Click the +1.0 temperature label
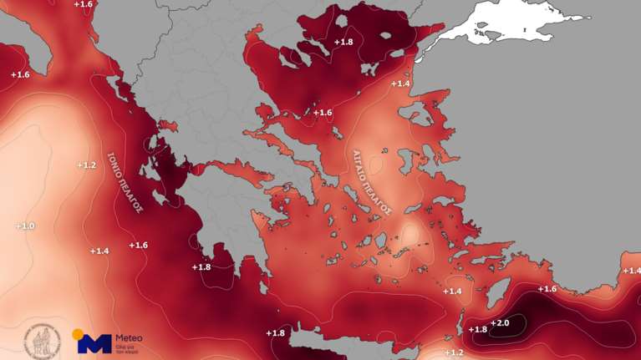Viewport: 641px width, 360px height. (x=25, y=226)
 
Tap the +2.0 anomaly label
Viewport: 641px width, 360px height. (x=500, y=323)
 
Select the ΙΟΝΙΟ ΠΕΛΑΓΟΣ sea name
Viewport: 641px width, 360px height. (x=125, y=183)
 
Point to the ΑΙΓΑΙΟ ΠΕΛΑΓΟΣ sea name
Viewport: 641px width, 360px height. (x=372, y=182)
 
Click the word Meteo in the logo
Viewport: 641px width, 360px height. (x=129, y=337)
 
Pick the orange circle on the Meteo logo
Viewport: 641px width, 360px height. (x=78, y=334)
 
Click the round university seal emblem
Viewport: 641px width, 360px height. (x=39, y=340)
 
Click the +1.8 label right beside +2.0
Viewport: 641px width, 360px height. (x=478, y=329)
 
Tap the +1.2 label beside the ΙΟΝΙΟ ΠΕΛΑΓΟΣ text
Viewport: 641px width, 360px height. (x=87, y=165)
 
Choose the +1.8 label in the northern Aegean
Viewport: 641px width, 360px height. (x=343, y=42)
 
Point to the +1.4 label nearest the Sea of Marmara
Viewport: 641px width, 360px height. (x=401, y=84)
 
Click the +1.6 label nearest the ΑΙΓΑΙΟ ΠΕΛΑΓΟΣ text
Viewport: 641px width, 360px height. (x=323, y=112)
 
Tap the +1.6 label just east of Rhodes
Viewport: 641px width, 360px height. (x=547, y=289)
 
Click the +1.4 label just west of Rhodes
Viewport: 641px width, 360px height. (x=452, y=291)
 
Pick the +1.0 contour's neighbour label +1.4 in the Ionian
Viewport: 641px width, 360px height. (x=99, y=251)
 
